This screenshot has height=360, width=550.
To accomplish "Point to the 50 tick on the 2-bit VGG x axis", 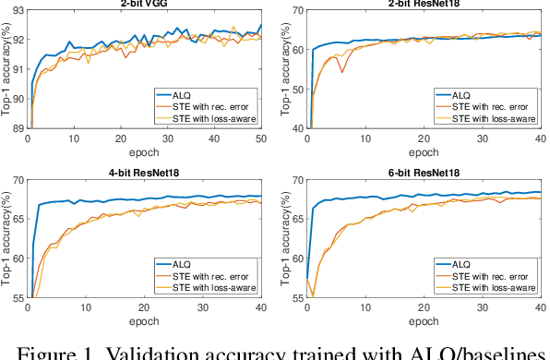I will point(261,138).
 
